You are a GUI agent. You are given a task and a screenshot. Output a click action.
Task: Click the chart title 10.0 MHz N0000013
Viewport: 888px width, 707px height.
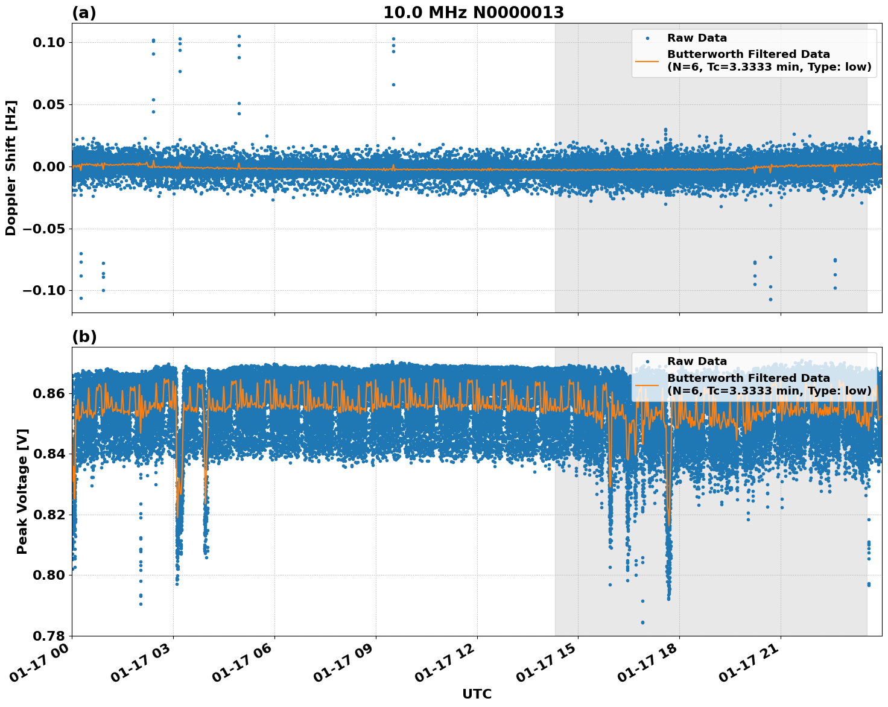pos(474,13)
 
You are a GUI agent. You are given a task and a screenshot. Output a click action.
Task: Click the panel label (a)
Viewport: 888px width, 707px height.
pos(84,13)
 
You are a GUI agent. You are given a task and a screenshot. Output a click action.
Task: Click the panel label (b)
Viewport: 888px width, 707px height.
pos(84,337)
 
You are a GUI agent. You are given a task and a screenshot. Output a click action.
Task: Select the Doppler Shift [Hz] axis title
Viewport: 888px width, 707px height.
pos(11,168)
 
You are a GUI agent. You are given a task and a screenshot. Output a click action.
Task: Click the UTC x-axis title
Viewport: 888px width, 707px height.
pos(477,694)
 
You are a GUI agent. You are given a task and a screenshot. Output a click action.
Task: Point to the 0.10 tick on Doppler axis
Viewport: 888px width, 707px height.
pos(49,42)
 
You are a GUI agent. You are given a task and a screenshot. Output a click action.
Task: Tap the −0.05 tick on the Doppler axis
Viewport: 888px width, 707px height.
pos(45,229)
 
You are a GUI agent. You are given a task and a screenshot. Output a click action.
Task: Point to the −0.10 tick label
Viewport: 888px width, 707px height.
pos(45,291)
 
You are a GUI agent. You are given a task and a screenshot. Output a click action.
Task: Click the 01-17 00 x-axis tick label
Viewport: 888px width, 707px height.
pos(42,664)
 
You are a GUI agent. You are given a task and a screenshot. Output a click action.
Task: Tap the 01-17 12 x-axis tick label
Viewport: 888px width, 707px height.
pos(448,664)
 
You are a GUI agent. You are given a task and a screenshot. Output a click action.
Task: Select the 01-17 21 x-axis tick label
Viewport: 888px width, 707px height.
pos(751,664)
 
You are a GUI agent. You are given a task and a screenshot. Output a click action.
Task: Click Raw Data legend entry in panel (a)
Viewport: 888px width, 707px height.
pos(697,38)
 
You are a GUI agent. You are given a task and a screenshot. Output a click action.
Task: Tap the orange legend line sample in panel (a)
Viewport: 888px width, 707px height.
pos(647,60)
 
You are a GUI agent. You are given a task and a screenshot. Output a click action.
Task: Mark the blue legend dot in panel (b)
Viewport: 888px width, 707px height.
pos(647,361)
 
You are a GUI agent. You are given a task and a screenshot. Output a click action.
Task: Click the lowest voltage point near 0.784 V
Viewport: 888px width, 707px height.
pos(642,622)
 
